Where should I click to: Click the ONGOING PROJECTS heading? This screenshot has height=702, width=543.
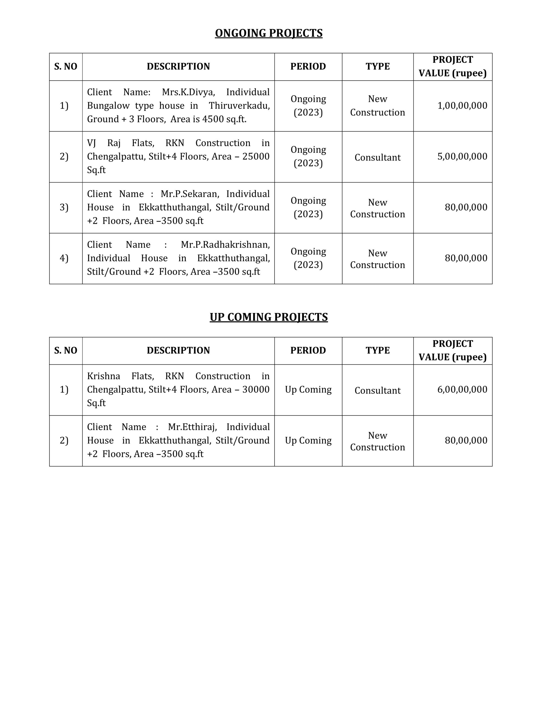click(268, 33)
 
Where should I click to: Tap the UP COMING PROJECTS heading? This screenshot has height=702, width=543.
click(268, 317)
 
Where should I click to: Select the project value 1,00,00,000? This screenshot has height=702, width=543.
click(462, 106)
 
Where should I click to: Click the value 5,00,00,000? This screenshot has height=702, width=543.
click(462, 157)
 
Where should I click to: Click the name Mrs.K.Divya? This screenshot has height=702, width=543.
click(188, 92)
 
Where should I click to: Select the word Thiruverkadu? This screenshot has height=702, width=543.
click(239, 106)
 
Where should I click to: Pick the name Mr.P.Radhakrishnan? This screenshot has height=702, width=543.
click(225, 245)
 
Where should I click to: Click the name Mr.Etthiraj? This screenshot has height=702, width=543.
click(192, 427)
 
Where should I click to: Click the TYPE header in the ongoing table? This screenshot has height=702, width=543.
click(377, 67)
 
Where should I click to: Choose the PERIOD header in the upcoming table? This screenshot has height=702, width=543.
click(308, 350)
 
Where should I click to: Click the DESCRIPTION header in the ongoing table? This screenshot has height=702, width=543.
click(178, 67)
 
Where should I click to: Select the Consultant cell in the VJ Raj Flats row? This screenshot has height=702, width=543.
click(377, 157)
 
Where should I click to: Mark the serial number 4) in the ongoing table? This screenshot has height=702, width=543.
click(64, 258)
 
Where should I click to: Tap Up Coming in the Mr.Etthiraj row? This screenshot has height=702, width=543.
click(308, 440)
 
